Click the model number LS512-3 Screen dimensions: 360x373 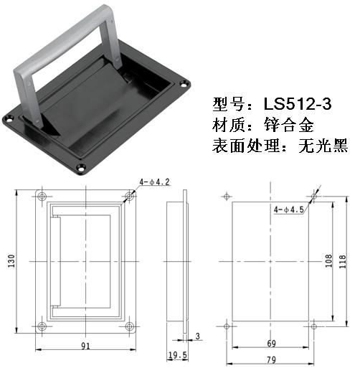click(298, 104)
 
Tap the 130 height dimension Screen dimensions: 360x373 click(11, 261)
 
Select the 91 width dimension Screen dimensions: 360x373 click(85, 346)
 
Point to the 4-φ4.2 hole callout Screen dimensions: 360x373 click(154, 182)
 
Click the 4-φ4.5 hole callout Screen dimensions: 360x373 click(289, 210)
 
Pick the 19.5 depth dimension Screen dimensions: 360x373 click(177, 355)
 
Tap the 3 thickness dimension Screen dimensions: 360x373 click(197, 336)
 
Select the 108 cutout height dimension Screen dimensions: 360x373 click(328, 260)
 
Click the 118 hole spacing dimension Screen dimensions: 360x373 click(343, 261)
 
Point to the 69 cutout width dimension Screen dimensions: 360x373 click(271, 344)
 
